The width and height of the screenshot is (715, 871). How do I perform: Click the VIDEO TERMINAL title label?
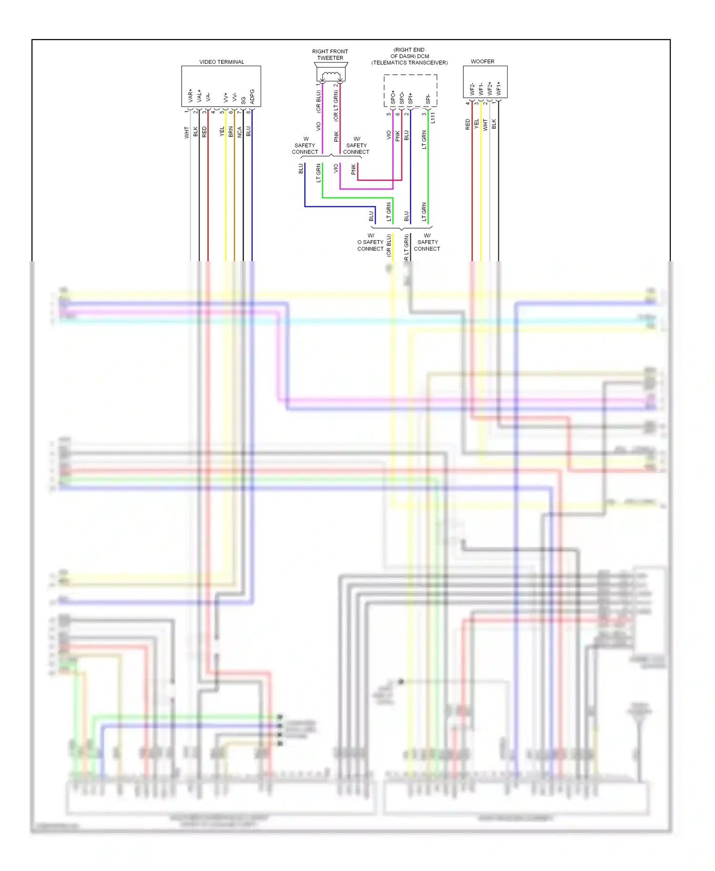pos(222,62)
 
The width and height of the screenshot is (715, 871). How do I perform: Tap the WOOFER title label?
pos(482,61)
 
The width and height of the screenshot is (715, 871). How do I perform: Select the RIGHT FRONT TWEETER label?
pos(330,55)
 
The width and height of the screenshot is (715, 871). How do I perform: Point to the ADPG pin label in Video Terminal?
pos(252,96)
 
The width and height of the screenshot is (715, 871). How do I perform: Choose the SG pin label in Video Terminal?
pos(243,101)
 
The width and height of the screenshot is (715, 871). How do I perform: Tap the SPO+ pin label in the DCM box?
pos(393,98)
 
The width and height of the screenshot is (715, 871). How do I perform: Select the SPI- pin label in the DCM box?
pos(428,99)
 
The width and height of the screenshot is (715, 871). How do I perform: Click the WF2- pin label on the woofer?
pos(472,89)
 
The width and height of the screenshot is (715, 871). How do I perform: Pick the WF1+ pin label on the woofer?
pos(499,88)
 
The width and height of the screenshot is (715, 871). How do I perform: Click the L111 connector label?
pos(433,118)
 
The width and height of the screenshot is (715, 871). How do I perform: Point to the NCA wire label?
pos(240,132)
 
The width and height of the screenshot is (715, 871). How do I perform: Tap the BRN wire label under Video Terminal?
pos(231,132)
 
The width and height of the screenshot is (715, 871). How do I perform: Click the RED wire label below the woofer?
pos(468,124)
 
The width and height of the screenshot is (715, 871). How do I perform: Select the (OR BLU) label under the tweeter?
pos(318,102)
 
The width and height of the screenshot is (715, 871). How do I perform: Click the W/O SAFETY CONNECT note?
pos(370,242)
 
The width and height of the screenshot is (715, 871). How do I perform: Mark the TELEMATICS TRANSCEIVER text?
pos(409,63)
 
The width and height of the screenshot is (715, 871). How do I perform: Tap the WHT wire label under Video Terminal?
pos(186,132)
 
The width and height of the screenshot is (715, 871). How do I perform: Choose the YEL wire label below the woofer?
pos(476,124)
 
